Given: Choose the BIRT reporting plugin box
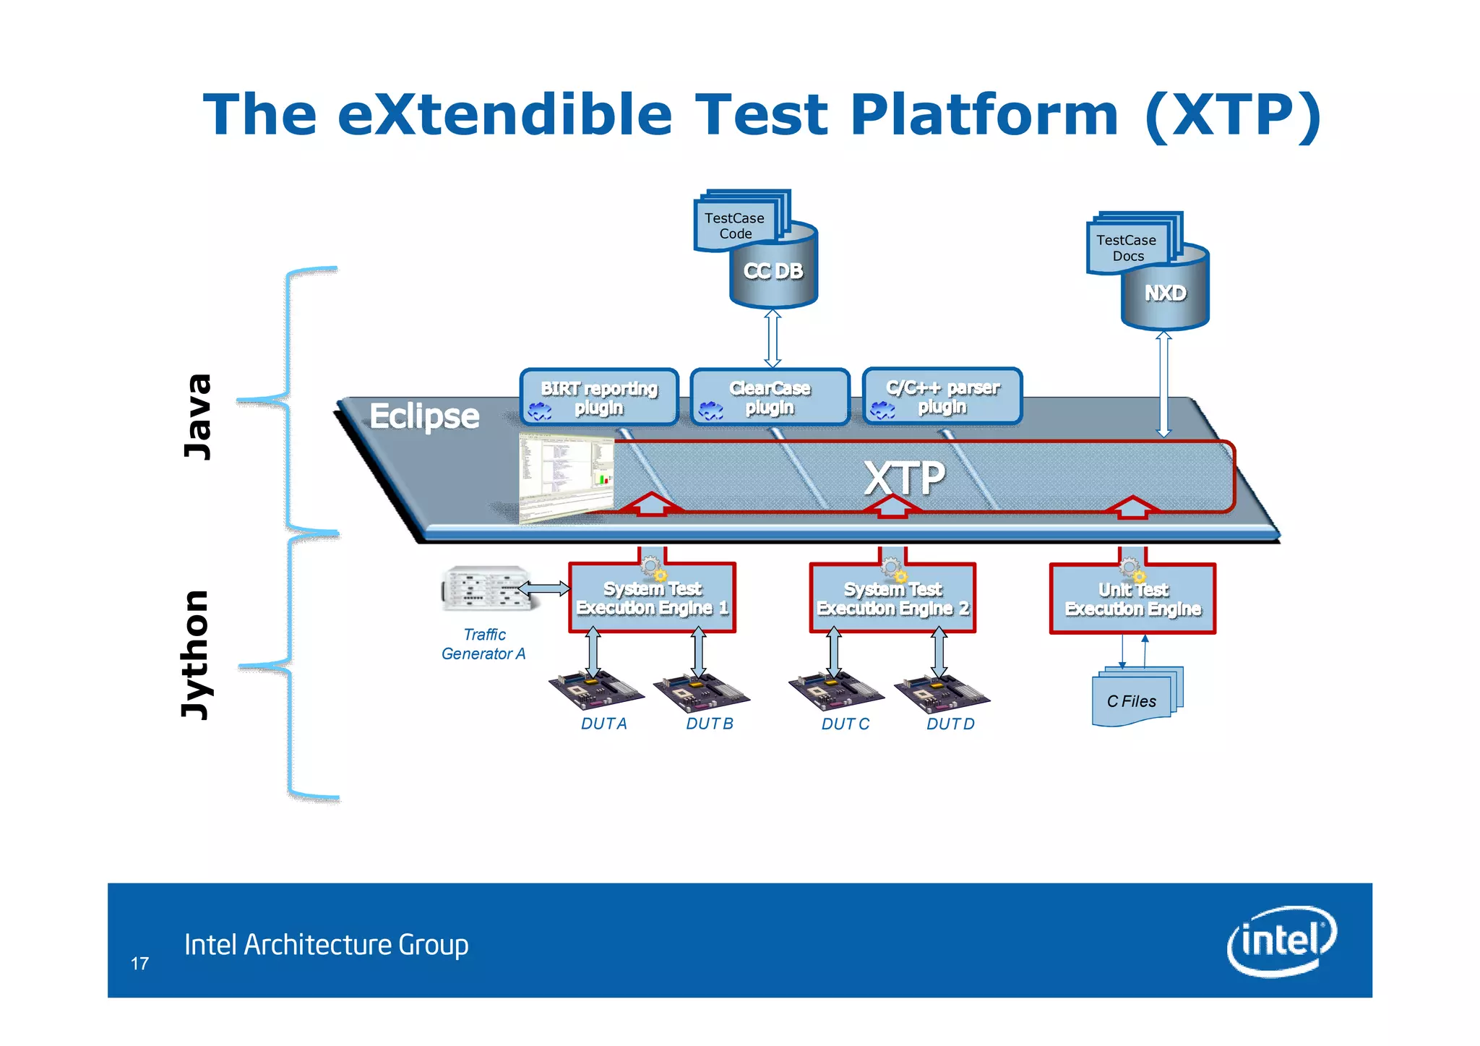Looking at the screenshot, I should click(x=599, y=397).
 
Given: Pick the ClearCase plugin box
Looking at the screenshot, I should click(x=770, y=397).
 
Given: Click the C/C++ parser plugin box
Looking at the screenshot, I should click(x=942, y=396).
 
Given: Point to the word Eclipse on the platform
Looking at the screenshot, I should click(x=424, y=416).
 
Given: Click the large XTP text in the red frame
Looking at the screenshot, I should click(x=904, y=478).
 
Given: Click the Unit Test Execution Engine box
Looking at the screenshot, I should click(x=1132, y=600).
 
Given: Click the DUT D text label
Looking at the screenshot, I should click(x=950, y=724).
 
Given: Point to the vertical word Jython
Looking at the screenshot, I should click(x=195, y=654).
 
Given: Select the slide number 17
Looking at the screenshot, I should click(x=139, y=964).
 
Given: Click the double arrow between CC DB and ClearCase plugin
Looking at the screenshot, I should click(x=773, y=338).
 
